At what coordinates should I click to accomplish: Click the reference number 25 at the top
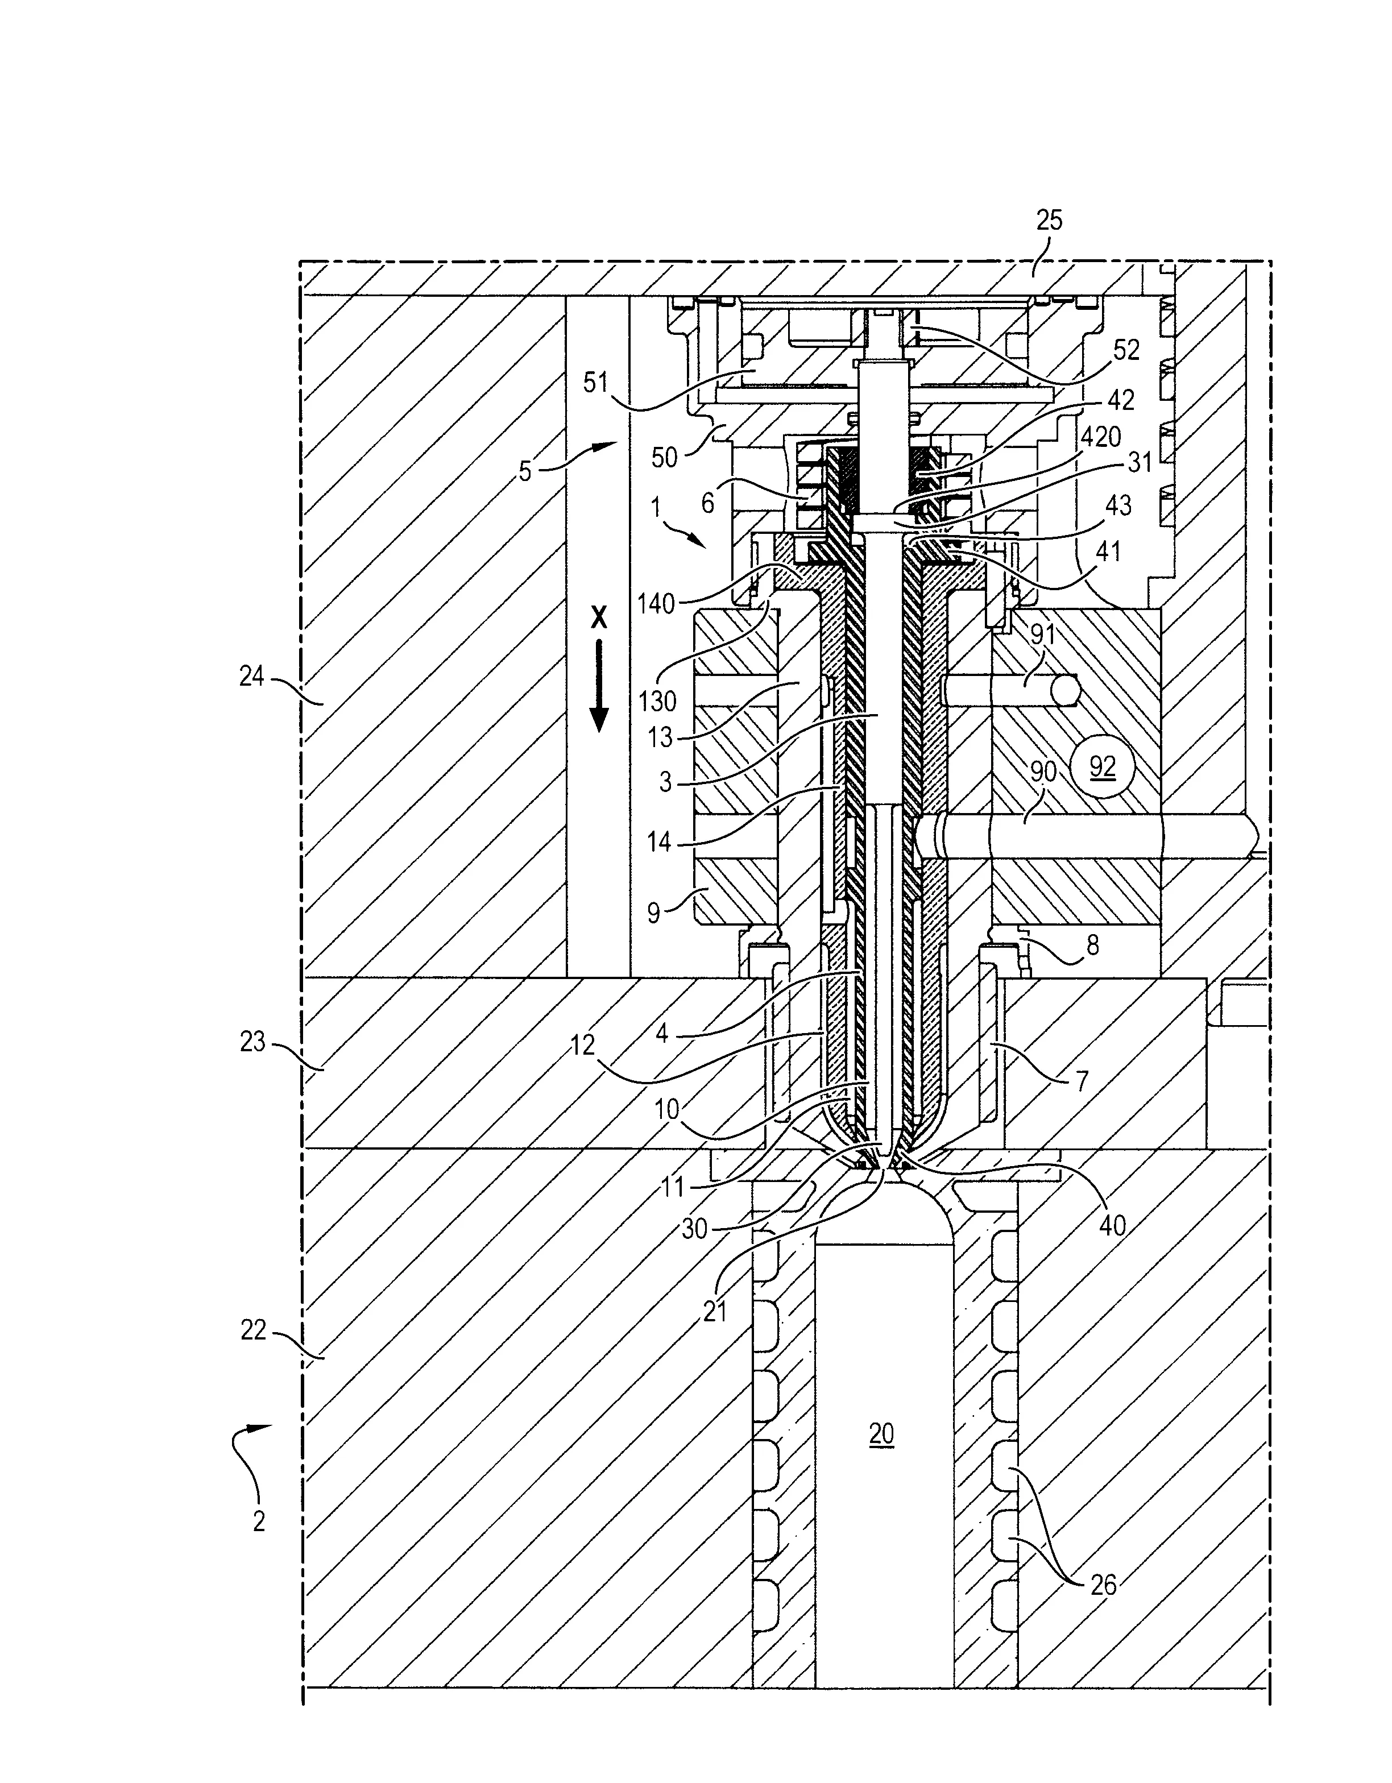[x=1049, y=221]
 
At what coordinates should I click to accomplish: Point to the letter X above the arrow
[x=599, y=618]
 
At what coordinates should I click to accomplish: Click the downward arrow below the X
[x=599, y=686]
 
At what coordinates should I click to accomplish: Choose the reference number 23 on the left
[x=252, y=1042]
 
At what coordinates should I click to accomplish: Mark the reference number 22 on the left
[x=253, y=1331]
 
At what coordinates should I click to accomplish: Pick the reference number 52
[x=1126, y=350]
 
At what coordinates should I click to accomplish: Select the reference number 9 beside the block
[x=653, y=913]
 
